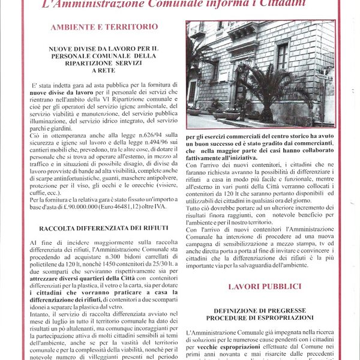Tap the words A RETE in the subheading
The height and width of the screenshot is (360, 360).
pyautogui.click(x=104, y=70)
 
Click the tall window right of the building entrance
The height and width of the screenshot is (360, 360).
pyautogui.click(x=283, y=56)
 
